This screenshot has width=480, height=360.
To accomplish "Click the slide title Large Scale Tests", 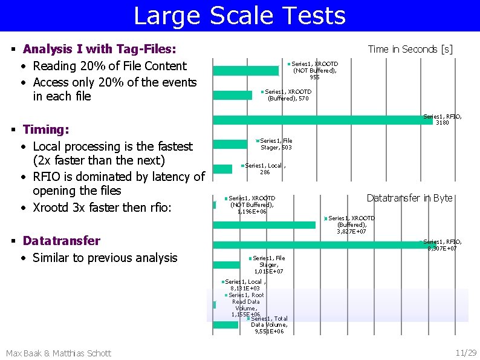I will click(239, 16).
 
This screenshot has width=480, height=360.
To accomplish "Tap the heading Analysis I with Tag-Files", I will click(99, 49).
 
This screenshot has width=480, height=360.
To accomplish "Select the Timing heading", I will click(45, 129).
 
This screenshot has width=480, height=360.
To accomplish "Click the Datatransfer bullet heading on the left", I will click(61, 241).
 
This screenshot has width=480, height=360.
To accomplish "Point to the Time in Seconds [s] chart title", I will click(410, 49).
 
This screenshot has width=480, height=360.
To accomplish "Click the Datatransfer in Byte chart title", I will click(409, 198).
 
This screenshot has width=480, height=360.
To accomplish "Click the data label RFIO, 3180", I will click(443, 119).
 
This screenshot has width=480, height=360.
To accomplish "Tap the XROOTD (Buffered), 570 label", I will click(288, 95).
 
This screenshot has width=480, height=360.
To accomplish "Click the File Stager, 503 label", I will click(276, 144).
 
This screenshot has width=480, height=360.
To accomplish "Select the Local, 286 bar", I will click(222, 169).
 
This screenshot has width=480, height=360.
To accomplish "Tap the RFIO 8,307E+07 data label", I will click(442, 245).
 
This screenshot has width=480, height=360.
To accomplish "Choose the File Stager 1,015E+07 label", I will click(268, 265).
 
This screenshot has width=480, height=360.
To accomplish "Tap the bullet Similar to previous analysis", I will click(105, 258).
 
